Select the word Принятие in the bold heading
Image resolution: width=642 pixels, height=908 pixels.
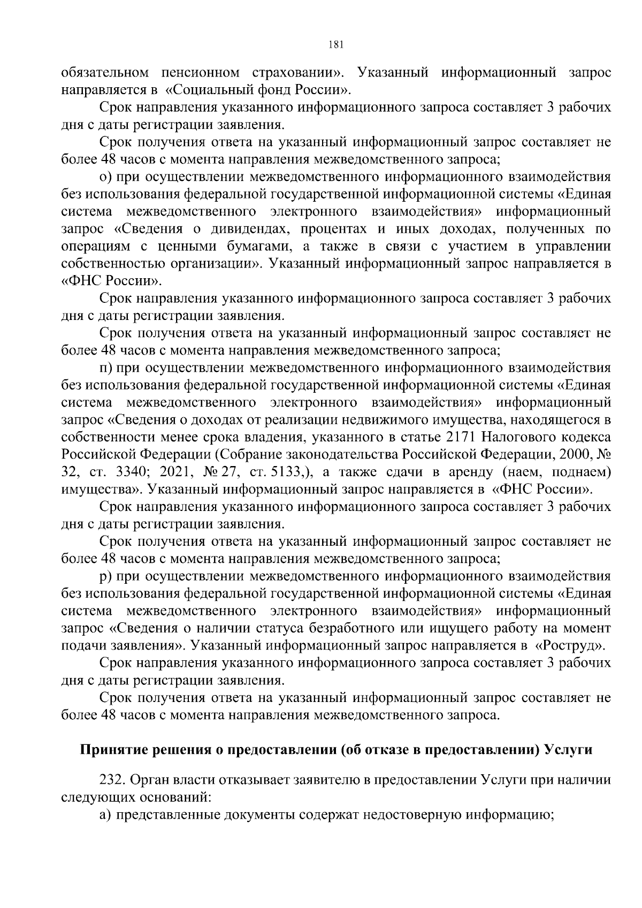tap(110, 750)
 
